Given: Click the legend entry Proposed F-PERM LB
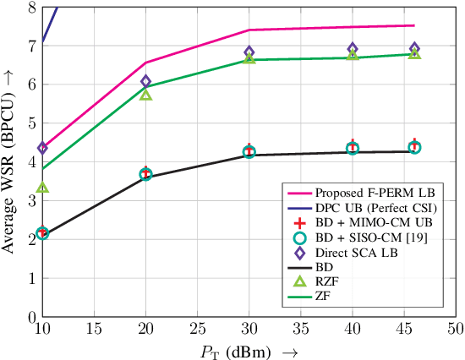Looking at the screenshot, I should (x=364, y=192).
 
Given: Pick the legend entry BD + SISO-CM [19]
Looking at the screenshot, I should (x=364, y=236).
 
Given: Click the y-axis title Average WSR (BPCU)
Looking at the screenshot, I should (x=11, y=161).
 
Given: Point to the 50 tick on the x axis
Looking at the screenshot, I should (x=455, y=328).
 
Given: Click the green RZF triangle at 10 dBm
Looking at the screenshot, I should (x=42, y=188).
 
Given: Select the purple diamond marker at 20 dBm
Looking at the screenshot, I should (x=145, y=82).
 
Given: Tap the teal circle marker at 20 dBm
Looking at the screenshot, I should (x=145, y=175).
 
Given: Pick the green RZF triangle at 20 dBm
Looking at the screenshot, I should (x=145, y=95).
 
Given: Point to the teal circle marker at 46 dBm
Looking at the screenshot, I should (x=414, y=147).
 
